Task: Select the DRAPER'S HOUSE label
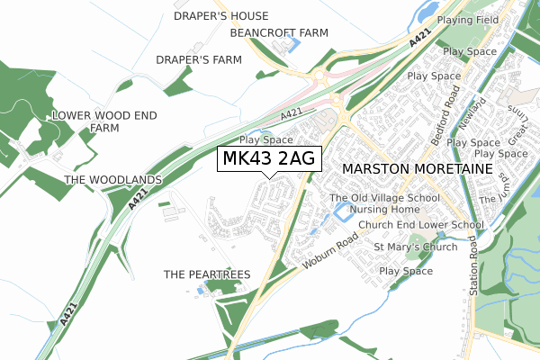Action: pos(220,16)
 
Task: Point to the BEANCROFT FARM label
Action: pos(279,32)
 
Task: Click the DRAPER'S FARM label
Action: pos(200,60)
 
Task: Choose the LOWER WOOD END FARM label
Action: pos(104,121)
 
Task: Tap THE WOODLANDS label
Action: pos(112,180)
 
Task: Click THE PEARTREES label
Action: pos(207,274)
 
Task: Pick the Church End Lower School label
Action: pos(421,225)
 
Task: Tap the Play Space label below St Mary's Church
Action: pos(406,271)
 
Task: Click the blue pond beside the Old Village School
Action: pos(341,212)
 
